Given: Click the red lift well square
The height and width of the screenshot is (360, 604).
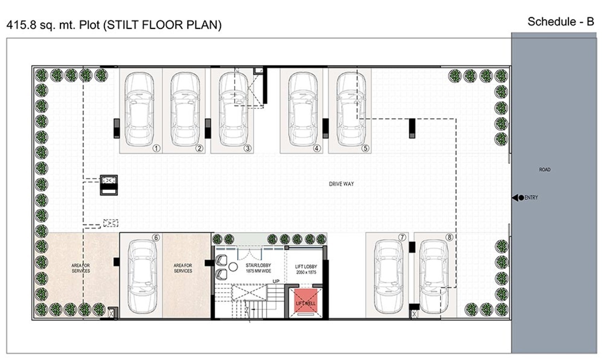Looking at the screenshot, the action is click(306, 300).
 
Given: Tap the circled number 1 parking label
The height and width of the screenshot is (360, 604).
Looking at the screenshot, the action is click(156, 148).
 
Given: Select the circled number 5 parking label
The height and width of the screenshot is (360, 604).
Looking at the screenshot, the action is click(365, 148).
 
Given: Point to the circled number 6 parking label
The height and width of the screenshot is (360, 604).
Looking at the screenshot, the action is click(156, 238).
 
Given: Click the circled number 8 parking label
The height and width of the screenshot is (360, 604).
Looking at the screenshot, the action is click(450, 237).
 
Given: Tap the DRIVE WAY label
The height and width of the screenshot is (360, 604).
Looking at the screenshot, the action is click(341, 184).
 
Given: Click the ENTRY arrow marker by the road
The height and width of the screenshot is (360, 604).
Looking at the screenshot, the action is click(518, 198).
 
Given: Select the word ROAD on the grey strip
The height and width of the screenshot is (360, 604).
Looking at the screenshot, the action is click(545, 170).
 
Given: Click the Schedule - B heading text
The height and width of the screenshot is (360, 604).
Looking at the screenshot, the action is click(560, 22).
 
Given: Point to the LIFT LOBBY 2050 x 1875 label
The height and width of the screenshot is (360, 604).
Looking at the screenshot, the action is click(306, 269).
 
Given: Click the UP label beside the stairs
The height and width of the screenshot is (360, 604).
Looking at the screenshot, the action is click(276, 282).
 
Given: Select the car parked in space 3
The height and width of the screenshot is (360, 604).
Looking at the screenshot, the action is click(233, 109).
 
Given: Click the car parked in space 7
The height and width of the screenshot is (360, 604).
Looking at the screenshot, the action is click(389, 277).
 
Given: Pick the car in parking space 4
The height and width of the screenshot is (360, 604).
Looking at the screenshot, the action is click(303, 109).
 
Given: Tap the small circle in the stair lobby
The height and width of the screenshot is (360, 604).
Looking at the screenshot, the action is click(233, 267).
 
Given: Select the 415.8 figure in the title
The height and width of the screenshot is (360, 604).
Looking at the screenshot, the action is click(21, 25).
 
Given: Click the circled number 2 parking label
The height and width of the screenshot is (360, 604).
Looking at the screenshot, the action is click(199, 148).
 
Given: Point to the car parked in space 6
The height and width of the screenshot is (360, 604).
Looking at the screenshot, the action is click(142, 277).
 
